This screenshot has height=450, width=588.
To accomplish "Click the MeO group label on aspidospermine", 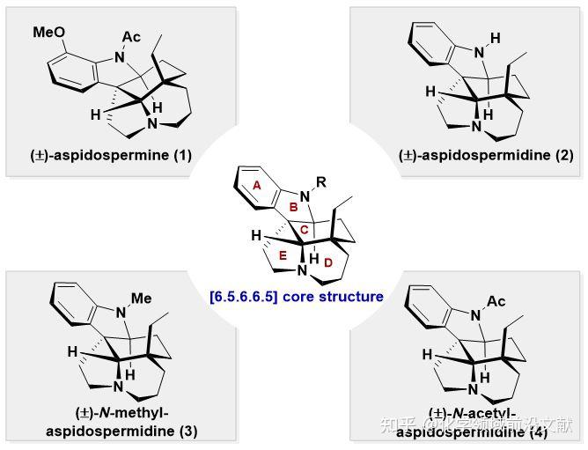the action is click(49, 33).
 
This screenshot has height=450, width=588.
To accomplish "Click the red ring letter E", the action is click(282, 255).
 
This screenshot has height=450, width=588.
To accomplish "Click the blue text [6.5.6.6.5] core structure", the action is click(296, 297).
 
